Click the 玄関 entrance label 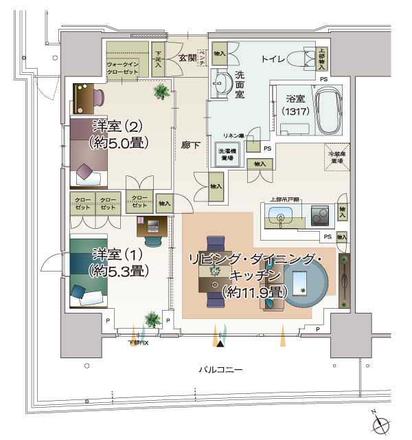click(x=187, y=58)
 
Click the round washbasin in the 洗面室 click(x=222, y=83)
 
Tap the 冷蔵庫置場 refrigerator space click(x=336, y=158)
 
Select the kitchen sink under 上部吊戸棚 click(x=282, y=218)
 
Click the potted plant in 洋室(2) click(x=162, y=90)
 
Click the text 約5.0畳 click(x=119, y=142)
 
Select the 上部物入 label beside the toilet click(x=322, y=58)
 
